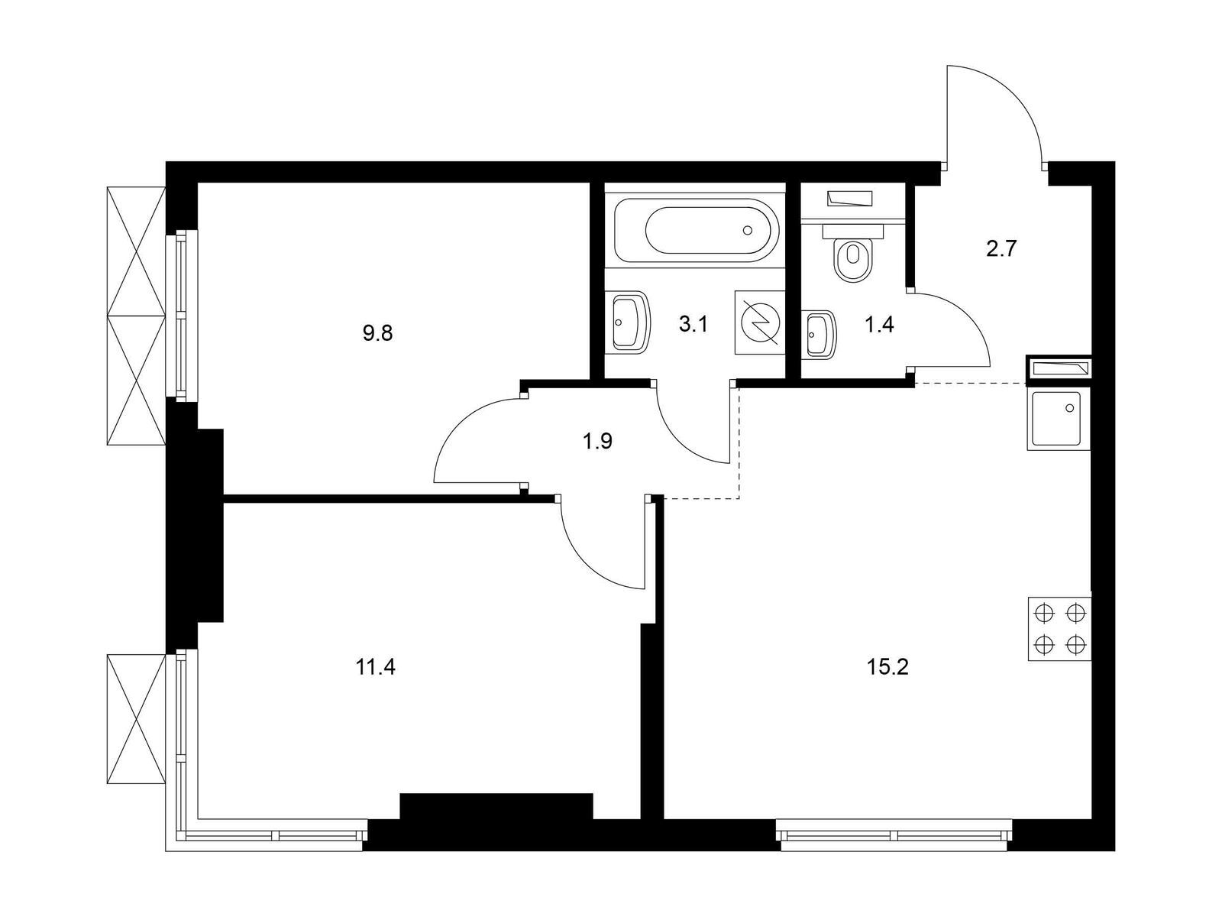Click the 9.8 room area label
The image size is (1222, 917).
point(377,334)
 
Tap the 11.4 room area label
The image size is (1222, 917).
point(376,666)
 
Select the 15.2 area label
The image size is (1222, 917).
point(887,666)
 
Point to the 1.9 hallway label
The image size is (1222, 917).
point(597,442)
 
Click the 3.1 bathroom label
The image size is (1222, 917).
point(693,324)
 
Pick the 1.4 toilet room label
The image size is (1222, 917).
point(879,324)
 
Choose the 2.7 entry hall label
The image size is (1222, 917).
point(1001,249)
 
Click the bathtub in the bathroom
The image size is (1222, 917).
point(696,230)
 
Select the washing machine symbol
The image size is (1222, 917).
point(759,323)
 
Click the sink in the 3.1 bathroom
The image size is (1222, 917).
point(632,322)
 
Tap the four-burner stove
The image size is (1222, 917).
point(1059,629)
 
